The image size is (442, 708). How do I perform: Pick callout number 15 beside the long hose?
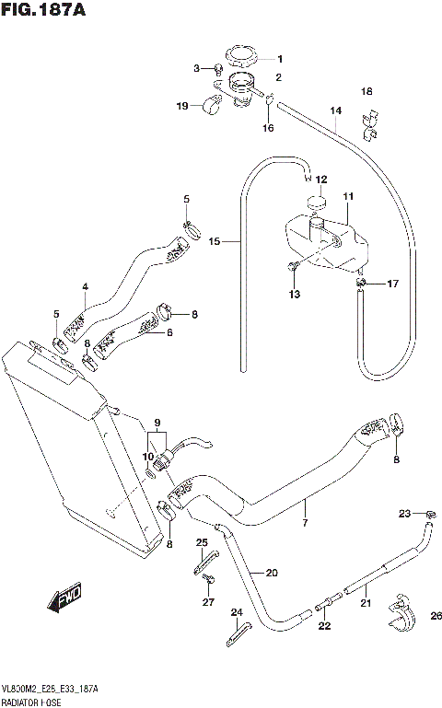tap(214, 242)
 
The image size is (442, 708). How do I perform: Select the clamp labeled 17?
tap(363, 284)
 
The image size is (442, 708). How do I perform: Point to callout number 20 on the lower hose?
tap(271, 572)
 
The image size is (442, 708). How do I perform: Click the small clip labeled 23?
tap(429, 513)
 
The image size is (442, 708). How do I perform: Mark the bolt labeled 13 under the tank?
tap(292, 268)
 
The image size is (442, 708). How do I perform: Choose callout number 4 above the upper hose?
tap(84, 287)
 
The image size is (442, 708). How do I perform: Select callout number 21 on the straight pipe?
tap(366, 605)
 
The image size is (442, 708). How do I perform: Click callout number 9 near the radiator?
tap(157, 422)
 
